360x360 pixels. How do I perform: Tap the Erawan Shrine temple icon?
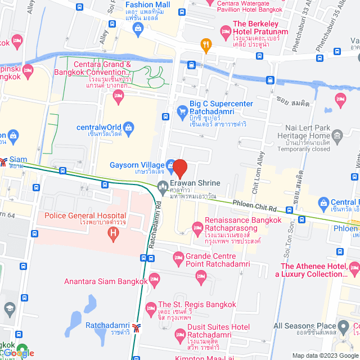tap(163, 185)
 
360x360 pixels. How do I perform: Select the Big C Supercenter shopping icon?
tap(182, 112)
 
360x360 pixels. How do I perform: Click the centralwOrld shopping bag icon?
tap(128, 127)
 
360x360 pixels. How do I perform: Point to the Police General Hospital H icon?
tap(114, 232)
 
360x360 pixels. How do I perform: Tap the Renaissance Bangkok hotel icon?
tap(197, 227)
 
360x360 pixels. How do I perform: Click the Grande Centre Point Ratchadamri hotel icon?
tap(178, 258)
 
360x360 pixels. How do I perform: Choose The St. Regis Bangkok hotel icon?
tap(150, 307)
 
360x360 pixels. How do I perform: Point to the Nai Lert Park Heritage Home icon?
tap(337, 135)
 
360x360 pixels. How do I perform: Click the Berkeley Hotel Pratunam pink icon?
tap(225, 30)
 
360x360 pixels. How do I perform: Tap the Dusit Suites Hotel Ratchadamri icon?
tap(180, 335)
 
